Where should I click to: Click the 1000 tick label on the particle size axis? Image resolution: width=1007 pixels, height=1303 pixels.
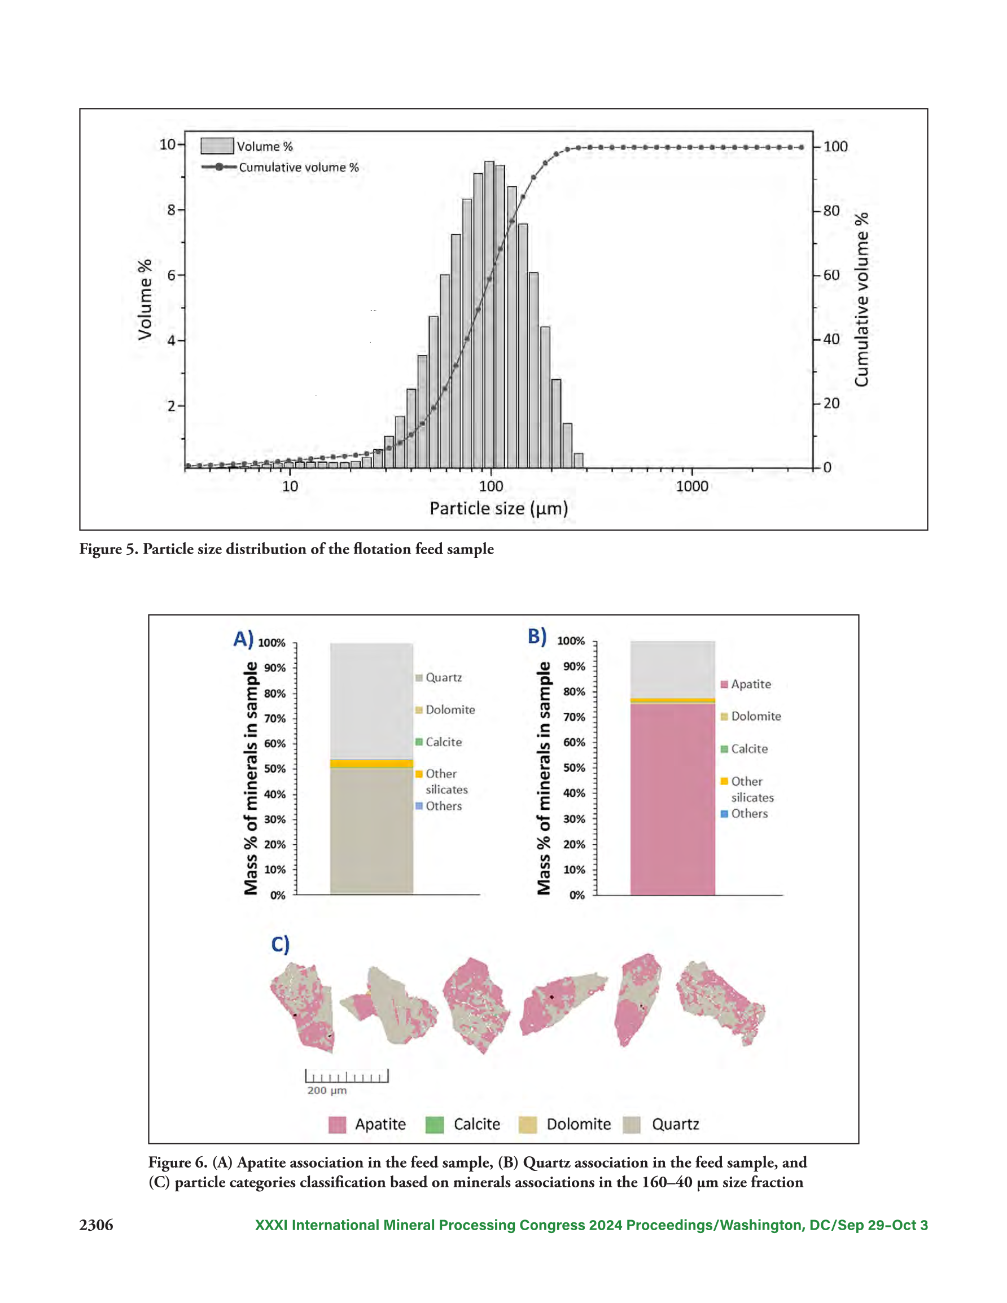(x=692, y=486)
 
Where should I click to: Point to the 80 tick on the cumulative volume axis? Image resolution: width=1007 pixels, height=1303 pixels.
(x=831, y=210)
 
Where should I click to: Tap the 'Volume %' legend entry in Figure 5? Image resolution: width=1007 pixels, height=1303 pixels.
(x=247, y=146)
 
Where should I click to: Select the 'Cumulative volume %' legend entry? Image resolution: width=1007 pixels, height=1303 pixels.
(x=280, y=167)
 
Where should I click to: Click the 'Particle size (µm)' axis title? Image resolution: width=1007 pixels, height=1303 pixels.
(x=499, y=508)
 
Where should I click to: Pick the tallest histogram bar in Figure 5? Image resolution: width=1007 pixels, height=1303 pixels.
(x=489, y=315)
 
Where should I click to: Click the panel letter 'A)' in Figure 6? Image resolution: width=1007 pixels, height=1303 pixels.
(x=243, y=639)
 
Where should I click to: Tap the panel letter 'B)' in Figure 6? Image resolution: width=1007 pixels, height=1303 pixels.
(x=537, y=636)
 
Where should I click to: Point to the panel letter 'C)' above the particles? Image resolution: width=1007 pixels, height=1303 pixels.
(x=281, y=945)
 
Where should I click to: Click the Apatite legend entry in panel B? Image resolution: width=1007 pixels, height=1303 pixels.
(x=746, y=685)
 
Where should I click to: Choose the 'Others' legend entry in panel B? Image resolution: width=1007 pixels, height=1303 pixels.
(x=745, y=814)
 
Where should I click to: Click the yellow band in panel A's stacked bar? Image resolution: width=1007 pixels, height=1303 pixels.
(x=372, y=764)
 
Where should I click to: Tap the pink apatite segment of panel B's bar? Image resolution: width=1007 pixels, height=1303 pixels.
(x=673, y=800)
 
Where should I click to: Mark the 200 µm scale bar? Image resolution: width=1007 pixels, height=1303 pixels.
(x=347, y=1076)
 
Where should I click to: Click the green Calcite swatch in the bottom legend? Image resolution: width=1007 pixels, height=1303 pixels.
(x=435, y=1125)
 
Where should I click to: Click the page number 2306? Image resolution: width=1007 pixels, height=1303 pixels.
(x=96, y=1225)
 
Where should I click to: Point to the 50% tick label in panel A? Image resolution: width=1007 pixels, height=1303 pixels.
(x=275, y=769)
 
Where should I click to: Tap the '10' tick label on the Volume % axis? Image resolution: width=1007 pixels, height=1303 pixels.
(x=167, y=144)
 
